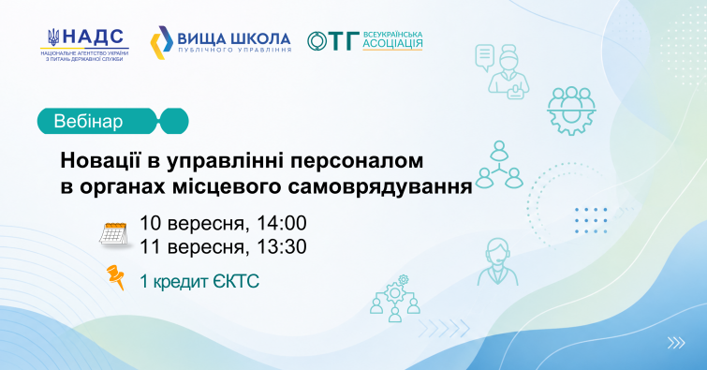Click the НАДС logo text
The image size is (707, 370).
[94, 37]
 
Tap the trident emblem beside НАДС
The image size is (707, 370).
[53, 37]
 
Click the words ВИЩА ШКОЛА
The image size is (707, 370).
[234, 38]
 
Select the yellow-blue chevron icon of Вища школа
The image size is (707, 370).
[161, 43]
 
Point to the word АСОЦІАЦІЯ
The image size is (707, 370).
[392, 43]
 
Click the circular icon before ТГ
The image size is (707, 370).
[317, 41]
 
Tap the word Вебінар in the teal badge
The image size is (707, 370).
[88, 122]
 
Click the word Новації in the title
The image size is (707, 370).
[100, 160]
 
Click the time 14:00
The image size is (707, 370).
[282, 222]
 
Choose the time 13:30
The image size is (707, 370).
[282, 246]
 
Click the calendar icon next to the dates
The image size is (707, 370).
[114, 234]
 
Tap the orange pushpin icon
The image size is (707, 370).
[115, 276]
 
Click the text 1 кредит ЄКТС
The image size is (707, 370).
[199, 282]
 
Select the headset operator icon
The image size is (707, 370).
[497, 261]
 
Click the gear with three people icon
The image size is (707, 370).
[571, 111]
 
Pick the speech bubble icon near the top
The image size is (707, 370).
[485, 57]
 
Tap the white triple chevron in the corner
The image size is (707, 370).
[676, 343]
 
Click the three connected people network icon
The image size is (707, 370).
[499, 165]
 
